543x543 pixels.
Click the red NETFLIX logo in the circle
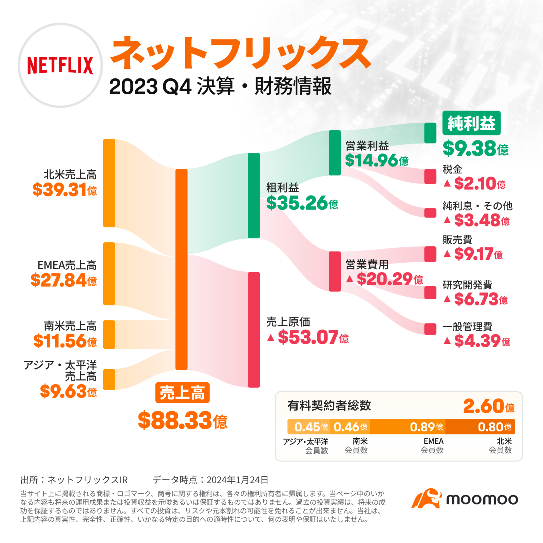pyautogui.click(x=60, y=65)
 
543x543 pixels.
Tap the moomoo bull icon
pyautogui.click(x=426, y=499)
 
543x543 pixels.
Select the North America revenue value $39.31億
pyautogui.click(x=64, y=190)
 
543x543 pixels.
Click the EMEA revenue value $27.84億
pyautogui.click(x=63, y=280)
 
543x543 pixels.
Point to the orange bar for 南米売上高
pyautogui.click(x=109, y=334)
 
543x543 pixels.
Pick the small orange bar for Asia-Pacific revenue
pyautogui.click(x=109, y=379)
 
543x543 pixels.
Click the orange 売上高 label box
pyautogui.click(x=182, y=393)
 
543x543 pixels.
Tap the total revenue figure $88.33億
pyautogui.click(x=182, y=420)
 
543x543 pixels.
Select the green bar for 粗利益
pyautogui.click(x=254, y=195)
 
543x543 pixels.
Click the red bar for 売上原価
pyautogui.click(x=254, y=330)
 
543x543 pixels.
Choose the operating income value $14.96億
pyautogui.click(x=376, y=160)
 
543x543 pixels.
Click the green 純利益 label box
pyautogui.click(x=471, y=123)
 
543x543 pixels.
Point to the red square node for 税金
pyautogui.click(x=430, y=176)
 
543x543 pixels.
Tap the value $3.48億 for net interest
pyautogui.click(x=482, y=221)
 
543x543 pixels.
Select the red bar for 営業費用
pyautogui.click(x=335, y=271)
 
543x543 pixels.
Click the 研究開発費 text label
pyautogui.click(x=467, y=285)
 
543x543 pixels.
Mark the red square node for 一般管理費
pyautogui.click(x=430, y=329)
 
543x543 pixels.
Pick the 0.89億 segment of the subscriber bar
pyautogui.click(x=408, y=427)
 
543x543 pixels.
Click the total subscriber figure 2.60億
pyautogui.click(x=489, y=406)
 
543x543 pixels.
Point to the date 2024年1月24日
pyautogui.click(x=237, y=480)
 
